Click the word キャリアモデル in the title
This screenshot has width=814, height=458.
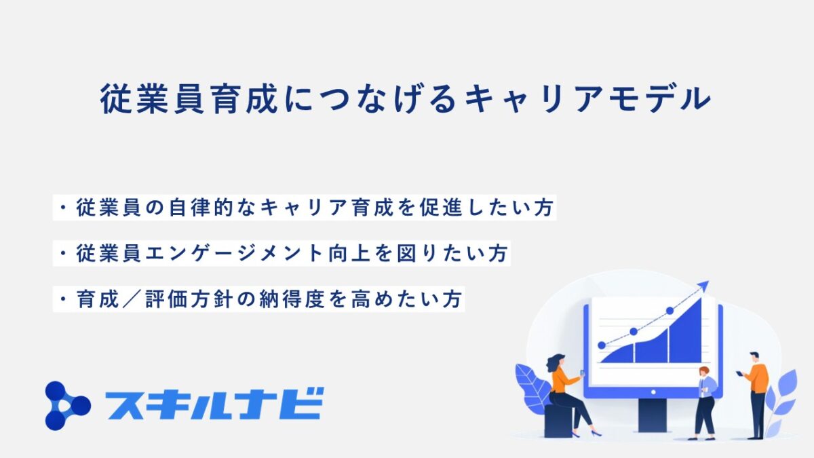tap(588, 99)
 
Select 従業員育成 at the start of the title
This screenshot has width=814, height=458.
tap(189, 99)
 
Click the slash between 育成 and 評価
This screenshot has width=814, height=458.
tap(132, 299)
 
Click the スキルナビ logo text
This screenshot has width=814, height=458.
tap(215, 404)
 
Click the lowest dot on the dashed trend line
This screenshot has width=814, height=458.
tap(602, 345)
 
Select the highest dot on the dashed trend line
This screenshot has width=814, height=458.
tap(670, 311)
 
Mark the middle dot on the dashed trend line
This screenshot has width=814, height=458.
tap(634, 331)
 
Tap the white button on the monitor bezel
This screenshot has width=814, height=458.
tap(653, 392)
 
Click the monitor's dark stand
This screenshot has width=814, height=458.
tap(653, 415)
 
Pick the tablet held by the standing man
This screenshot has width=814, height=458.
tap(739, 373)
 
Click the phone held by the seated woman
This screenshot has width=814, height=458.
tap(582, 373)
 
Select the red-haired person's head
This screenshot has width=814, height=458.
tap(704, 372)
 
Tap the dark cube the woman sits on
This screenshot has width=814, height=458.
tap(558, 421)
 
